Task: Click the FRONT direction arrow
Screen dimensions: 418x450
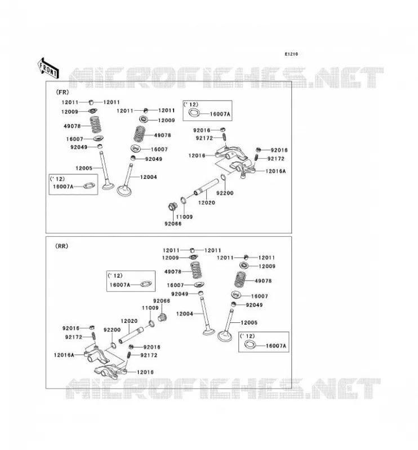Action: [x=48, y=68]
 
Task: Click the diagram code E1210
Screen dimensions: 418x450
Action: [x=291, y=54]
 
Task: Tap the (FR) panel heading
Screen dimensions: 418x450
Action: [x=63, y=92]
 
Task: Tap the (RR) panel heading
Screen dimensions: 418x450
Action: [x=61, y=246]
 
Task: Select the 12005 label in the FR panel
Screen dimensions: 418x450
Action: [x=84, y=168]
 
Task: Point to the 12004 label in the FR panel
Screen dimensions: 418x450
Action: [x=148, y=177]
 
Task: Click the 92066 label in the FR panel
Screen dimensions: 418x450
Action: [x=173, y=223]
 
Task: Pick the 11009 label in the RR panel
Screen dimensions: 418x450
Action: [x=150, y=308]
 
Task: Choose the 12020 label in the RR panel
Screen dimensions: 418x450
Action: [x=129, y=321]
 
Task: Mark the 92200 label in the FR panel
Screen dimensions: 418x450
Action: [x=225, y=193]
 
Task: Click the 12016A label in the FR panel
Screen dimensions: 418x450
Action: [x=275, y=171]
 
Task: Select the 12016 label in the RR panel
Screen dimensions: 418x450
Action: [x=145, y=372]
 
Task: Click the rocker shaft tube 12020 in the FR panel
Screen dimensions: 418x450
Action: [x=206, y=187]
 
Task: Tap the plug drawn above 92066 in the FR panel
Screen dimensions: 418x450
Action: [x=173, y=206]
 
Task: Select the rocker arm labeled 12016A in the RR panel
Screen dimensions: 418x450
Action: [x=96, y=354]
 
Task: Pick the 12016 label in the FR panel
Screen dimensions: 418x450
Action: [x=197, y=156]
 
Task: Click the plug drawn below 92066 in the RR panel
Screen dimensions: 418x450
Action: [x=163, y=318]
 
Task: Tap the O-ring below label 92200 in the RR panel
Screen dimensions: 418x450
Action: [x=113, y=345]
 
